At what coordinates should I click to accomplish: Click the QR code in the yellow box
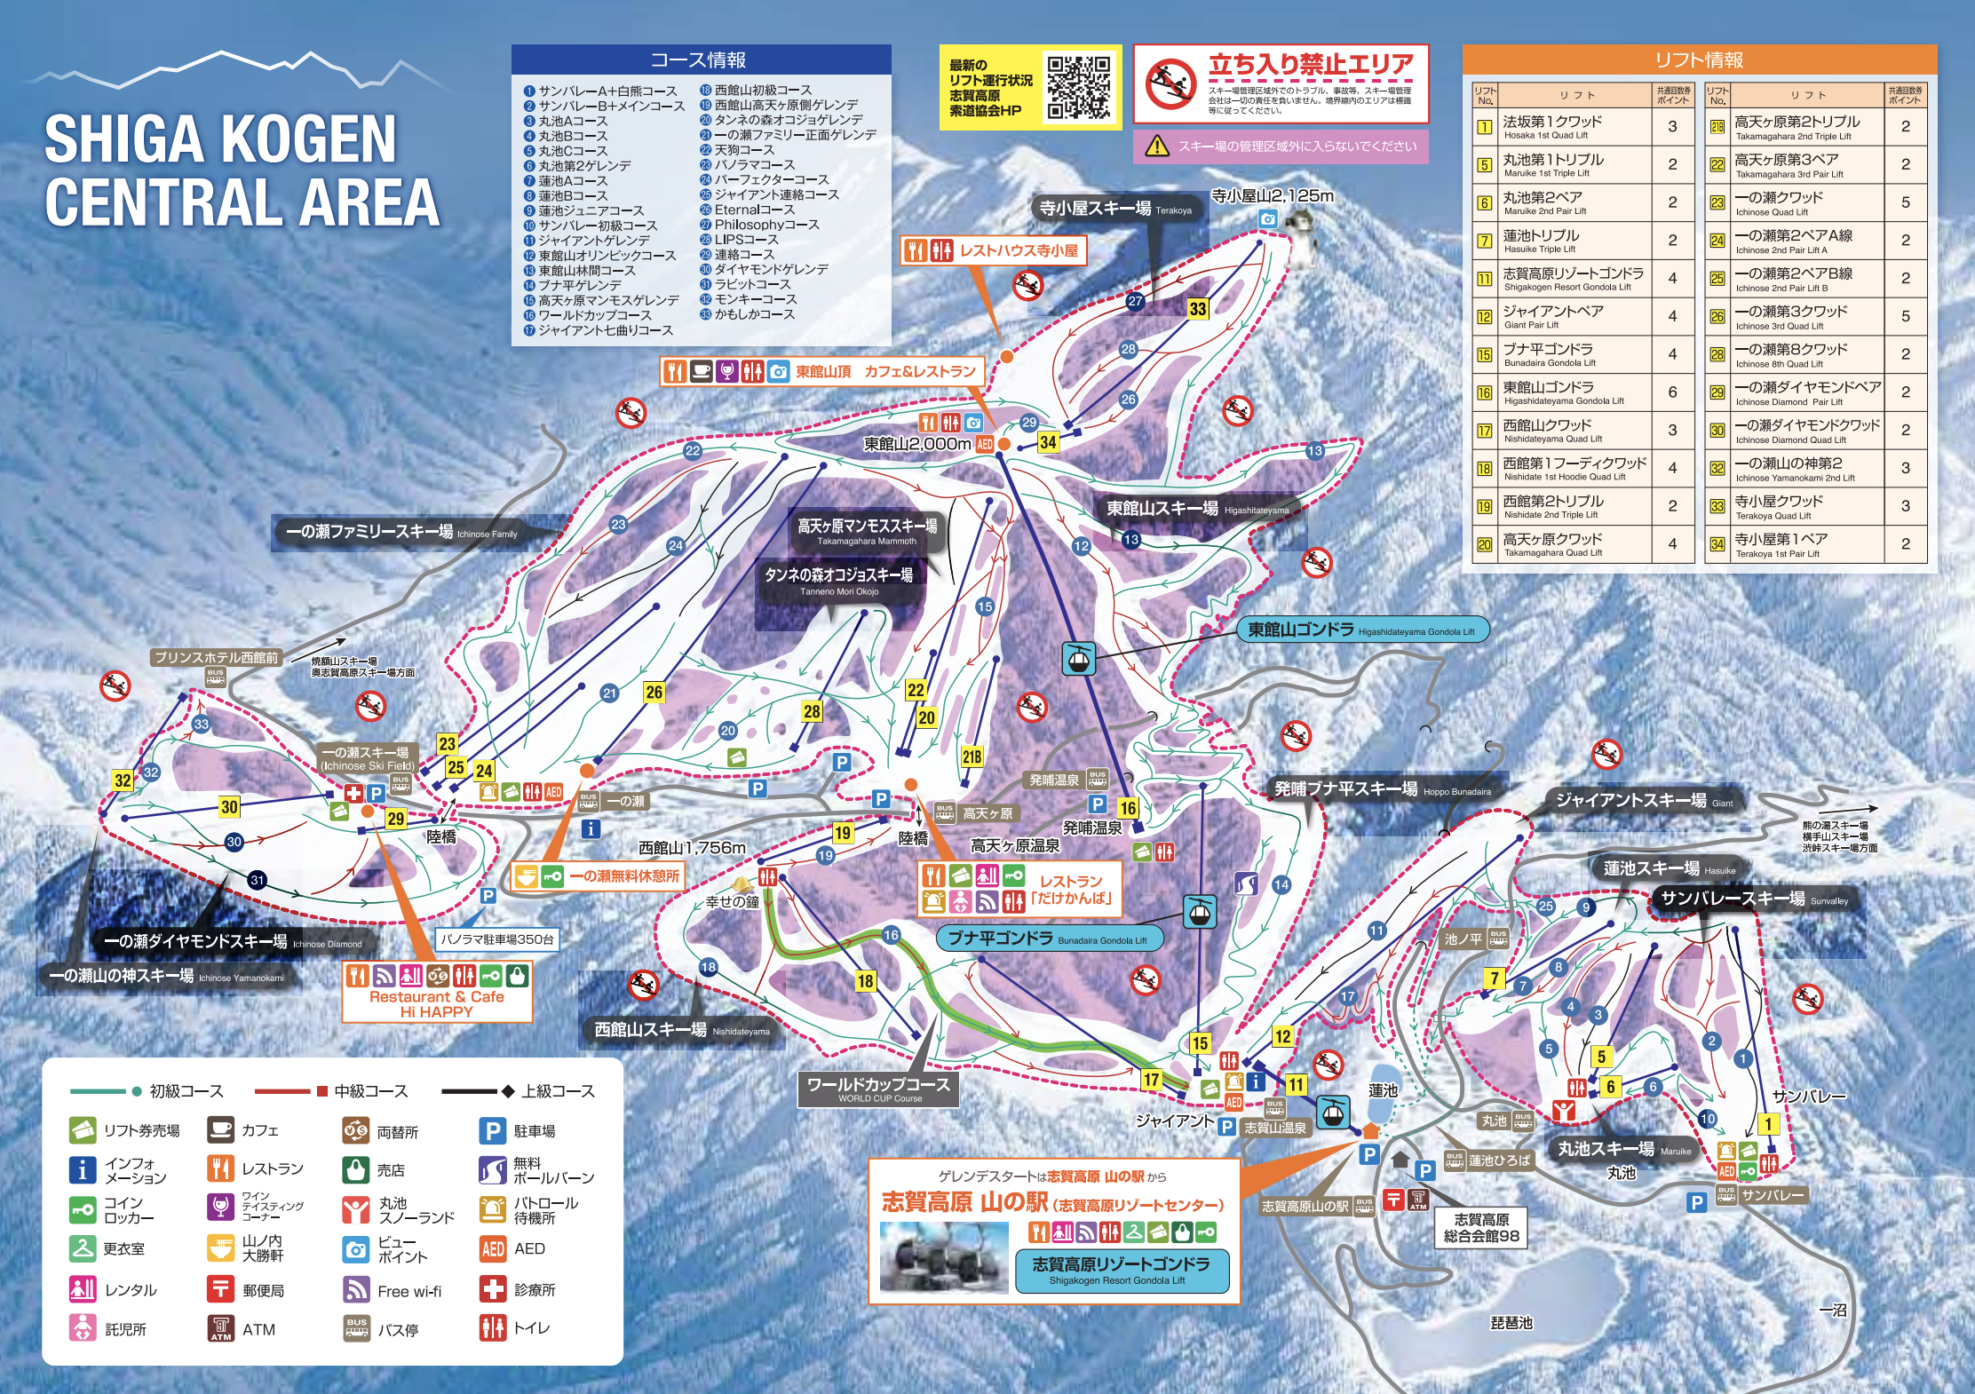[x=1078, y=87]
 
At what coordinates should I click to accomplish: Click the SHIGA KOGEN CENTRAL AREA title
[x=242, y=170]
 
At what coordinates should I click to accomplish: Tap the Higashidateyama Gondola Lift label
[x=1361, y=630]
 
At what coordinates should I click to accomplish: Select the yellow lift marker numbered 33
[x=1198, y=308]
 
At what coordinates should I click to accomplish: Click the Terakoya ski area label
[x=1115, y=209]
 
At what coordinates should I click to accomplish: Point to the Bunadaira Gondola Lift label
[x=1048, y=939]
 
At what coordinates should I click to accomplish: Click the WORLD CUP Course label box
[x=878, y=1089]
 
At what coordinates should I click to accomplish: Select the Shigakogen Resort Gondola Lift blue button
[x=1121, y=1270]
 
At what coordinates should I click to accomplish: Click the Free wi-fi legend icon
[x=356, y=1290]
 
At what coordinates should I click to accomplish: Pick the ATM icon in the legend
[x=220, y=1328]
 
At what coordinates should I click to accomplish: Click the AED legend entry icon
[x=493, y=1248]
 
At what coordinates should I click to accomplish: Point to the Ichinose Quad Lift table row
[x=1815, y=202]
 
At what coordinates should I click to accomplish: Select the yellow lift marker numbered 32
[x=123, y=780]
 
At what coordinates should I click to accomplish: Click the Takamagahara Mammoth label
[x=867, y=531]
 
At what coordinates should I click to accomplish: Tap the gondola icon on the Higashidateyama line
[x=1078, y=659]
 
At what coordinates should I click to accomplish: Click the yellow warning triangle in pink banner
[x=1156, y=147]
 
